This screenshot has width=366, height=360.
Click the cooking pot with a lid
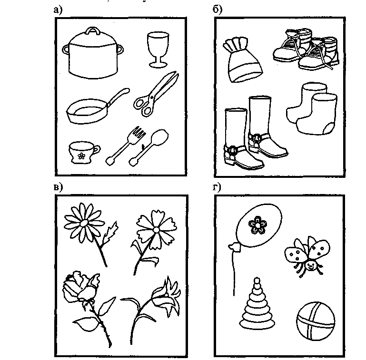coord(93,55)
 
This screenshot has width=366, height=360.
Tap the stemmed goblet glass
coord(158,49)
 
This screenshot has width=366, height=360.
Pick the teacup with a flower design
coord(84,152)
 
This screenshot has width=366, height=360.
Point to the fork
coord(126,145)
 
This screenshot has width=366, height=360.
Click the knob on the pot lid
coord(93,31)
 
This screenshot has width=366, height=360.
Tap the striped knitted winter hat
coord(242,60)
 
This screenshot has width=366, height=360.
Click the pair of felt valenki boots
coord(312,108)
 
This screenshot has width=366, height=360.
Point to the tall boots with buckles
coord(255,133)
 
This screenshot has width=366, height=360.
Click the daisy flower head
coord(84,223)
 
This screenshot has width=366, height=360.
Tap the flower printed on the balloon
coord(257,225)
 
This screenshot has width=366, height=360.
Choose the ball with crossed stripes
coord(316,321)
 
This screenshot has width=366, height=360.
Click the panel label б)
coord(218,10)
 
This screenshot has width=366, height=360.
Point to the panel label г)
coord(217,187)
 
